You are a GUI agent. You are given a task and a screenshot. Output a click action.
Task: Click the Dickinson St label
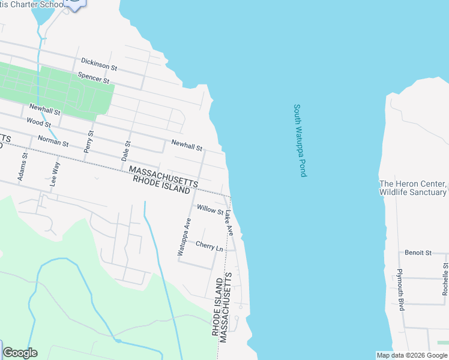pyautogui.click(x=98, y=64)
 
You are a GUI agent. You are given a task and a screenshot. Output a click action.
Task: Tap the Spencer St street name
pyautogui.click(x=94, y=77)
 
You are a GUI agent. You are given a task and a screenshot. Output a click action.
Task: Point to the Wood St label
pyautogui.click(x=39, y=122)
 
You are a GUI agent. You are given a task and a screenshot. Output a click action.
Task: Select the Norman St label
pyautogui.click(x=53, y=141)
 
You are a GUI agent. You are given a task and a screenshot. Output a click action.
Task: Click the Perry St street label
pyautogui.click(x=89, y=141)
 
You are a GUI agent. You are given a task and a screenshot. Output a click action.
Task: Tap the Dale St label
pyautogui.click(x=126, y=152)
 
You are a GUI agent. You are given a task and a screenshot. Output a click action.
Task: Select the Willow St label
pyautogui.click(x=210, y=210)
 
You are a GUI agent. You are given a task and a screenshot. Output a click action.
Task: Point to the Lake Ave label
pyautogui.click(x=229, y=221)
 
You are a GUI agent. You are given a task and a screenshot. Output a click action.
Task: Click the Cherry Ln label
pyautogui.click(x=209, y=245)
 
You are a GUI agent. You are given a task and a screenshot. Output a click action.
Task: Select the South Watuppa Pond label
pyautogui.click(x=300, y=140)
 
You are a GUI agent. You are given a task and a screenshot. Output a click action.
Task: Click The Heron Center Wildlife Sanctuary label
pyautogui.click(x=413, y=188)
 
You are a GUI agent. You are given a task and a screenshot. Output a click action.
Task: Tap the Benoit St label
pyautogui.click(x=418, y=253)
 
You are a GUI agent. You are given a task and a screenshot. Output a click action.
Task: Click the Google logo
pyautogui.click(x=20, y=353)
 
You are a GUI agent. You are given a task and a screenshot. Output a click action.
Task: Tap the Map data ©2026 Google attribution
pyautogui.click(x=412, y=355)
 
